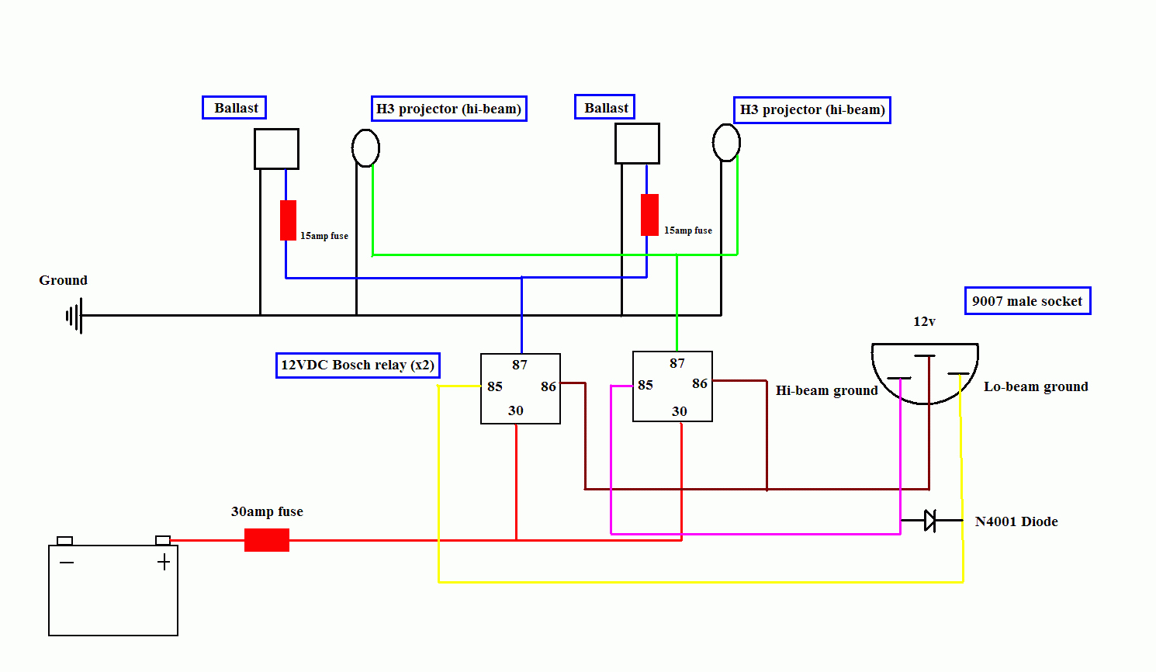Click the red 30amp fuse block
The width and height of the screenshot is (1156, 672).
(x=267, y=540)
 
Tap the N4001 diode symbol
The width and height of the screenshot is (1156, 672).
(x=930, y=521)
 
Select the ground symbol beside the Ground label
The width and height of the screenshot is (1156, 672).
(x=74, y=316)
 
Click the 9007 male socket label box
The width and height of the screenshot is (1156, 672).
(x=1027, y=301)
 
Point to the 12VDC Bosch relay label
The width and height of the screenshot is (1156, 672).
(x=358, y=365)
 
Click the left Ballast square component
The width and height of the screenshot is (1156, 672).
(x=276, y=149)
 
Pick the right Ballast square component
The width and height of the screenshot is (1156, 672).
(x=637, y=144)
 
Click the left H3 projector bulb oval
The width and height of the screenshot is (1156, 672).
(x=365, y=147)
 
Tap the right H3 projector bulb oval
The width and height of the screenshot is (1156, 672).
(x=726, y=143)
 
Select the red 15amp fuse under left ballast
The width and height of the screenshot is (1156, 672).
(x=288, y=220)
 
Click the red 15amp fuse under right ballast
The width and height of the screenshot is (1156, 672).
(x=649, y=215)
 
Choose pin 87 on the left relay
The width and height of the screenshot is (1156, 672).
(x=520, y=365)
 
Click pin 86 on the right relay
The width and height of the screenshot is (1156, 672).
(x=700, y=383)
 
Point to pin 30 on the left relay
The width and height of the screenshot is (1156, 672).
(x=516, y=410)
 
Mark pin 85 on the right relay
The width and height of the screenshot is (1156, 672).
(x=645, y=385)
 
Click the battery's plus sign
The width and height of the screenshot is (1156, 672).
(x=164, y=563)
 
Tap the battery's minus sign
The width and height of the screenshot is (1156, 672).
(x=67, y=562)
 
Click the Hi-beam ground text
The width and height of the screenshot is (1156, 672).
(x=826, y=390)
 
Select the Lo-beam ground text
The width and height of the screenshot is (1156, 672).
(x=1036, y=386)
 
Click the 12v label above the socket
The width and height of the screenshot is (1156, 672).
(x=924, y=321)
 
